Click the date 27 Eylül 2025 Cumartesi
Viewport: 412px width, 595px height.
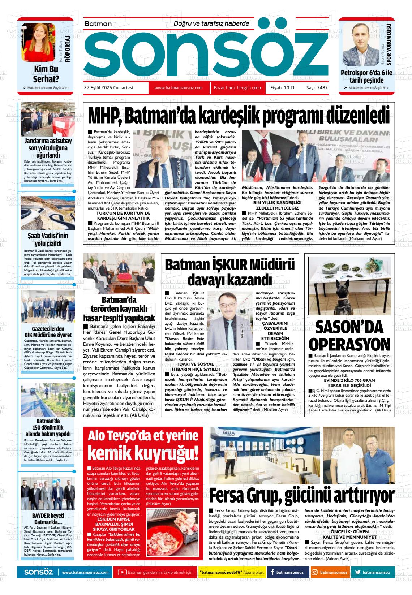click(x=108, y=88)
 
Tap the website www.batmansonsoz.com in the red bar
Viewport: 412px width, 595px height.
click(x=179, y=88)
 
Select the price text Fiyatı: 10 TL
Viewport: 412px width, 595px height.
click(x=283, y=88)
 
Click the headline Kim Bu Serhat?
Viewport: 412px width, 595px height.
click(x=46, y=74)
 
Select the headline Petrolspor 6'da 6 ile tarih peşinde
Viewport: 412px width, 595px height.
click(x=366, y=76)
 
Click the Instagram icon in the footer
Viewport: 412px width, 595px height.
click(x=315, y=572)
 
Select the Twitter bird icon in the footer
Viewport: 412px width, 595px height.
click(x=358, y=572)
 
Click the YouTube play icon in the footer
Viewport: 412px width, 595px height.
click(x=123, y=572)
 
